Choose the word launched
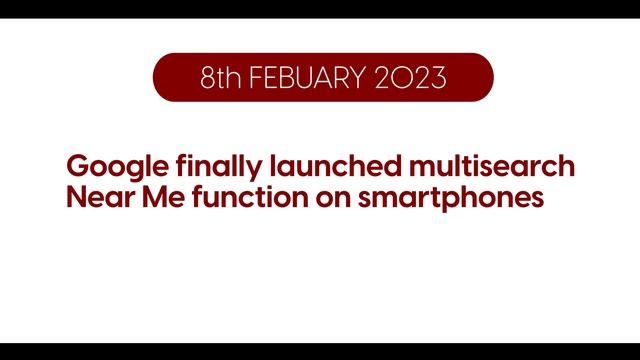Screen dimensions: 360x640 (308, 166)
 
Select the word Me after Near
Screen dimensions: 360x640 (157, 197)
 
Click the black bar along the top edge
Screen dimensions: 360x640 (320, 8)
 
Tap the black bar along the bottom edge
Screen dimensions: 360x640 (320, 351)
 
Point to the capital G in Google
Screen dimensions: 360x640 (75, 166)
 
